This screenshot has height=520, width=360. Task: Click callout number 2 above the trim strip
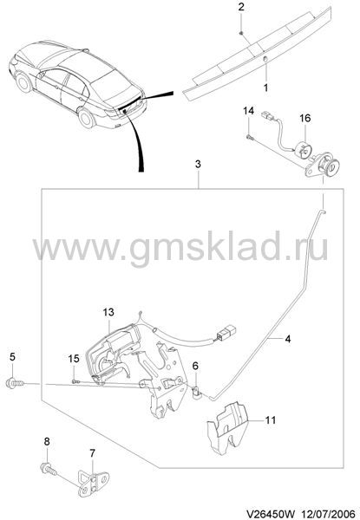click(241, 7)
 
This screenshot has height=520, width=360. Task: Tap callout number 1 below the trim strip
click(265, 88)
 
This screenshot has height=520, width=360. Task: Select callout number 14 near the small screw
click(248, 111)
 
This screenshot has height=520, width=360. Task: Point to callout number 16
click(305, 118)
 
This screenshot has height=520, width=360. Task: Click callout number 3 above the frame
click(198, 164)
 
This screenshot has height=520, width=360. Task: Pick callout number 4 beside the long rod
click(288, 339)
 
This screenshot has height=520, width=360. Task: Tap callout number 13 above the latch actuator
click(108, 312)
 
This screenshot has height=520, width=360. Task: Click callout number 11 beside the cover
click(271, 419)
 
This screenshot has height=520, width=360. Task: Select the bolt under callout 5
click(16, 383)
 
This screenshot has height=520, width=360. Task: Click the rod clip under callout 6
click(196, 393)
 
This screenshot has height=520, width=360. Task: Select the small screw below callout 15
click(76, 381)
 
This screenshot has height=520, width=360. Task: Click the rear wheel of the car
click(86, 118)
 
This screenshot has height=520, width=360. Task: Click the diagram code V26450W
click(270, 514)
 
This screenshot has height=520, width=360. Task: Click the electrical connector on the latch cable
click(226, 333)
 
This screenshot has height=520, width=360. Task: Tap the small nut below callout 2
click(241, 33)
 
